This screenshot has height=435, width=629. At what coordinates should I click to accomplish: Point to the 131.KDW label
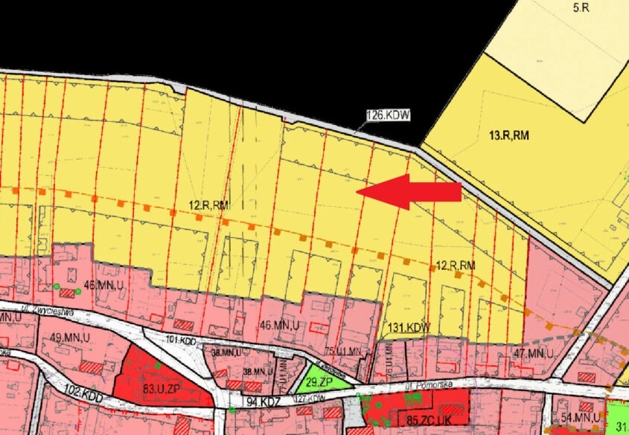pyautogui.click(x=409, y=326)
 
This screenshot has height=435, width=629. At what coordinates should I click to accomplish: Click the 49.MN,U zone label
pyautogui.click(x=66, y=337)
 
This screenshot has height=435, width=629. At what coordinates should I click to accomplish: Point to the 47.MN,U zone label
pyautogui.click(x=534, y=353)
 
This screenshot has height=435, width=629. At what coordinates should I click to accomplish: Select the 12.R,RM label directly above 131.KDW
pyautogui.click(x=455, y=265)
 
